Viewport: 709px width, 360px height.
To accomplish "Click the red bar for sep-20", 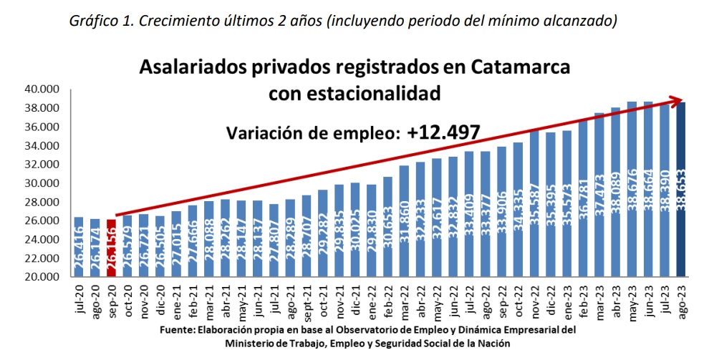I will click(x=111, y=248).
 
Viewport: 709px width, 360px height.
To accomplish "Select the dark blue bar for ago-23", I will click(x=681, y=190).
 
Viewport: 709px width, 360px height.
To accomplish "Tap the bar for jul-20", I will click(x=79, y=247).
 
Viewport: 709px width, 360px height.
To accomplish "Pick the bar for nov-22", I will click(x=534, y=204).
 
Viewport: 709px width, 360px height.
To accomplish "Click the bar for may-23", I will click(x=632, y=190).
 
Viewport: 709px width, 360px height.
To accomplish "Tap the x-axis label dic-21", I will click(x=355, y=301).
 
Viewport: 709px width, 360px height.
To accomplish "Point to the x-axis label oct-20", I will click(x=127, y=301).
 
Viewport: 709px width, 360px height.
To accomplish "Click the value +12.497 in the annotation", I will click(x=443, y=132).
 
